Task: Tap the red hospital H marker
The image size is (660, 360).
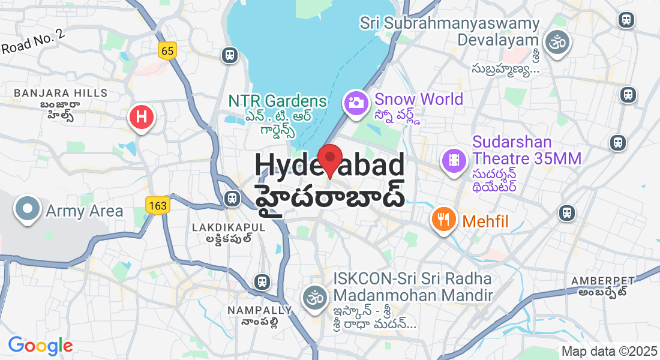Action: click(x=142, y=117)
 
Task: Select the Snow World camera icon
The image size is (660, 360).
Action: click(x=356, y=103)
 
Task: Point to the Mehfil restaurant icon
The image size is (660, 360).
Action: click(x=443, y=220)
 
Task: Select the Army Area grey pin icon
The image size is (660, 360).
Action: click(x=28, y=209)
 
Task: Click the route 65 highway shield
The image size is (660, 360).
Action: click(x=167, y=51)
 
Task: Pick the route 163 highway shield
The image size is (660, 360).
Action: click(x=158, y=206)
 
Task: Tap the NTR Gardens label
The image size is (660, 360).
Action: click(x=277, y=101)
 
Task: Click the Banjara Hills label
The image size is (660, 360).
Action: click(x=60, y=93)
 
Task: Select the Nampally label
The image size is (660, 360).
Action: click(x=259, y=310)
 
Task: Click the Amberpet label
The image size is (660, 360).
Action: click(x=602, y=281)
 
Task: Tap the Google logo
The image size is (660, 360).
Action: click(x=40, y=346)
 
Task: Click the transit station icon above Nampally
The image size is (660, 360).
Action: click(x=262, y=281)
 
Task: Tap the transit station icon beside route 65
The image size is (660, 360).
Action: click(x=229, y=55)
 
